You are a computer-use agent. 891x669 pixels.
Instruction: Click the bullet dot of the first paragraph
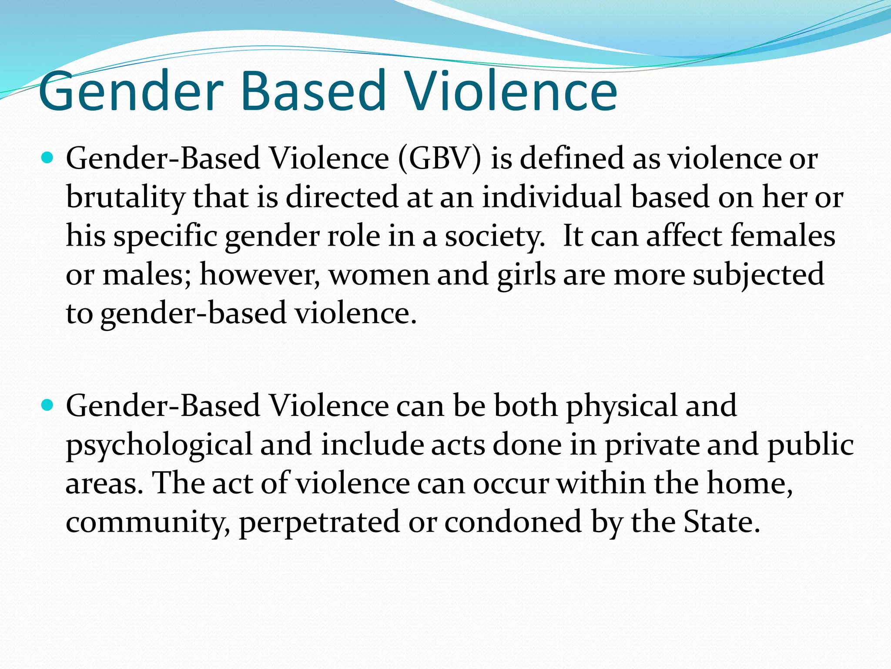coord(47,157)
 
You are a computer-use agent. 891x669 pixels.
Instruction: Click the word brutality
coord(125,197)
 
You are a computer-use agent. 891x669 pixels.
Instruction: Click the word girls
coord(526,275)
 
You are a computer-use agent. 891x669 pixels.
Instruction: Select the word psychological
coord(159,445)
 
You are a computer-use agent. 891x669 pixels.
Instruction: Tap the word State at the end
coord(720,522)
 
